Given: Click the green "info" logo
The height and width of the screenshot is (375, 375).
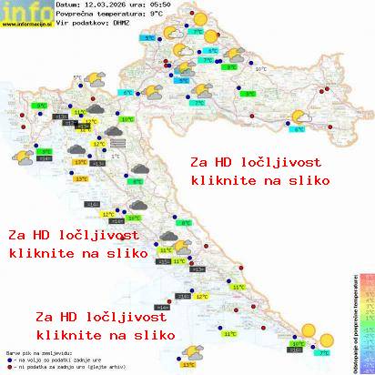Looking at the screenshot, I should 25,11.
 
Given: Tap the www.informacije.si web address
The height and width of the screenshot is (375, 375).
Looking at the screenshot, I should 27,25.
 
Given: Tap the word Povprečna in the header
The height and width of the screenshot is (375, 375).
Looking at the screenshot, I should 76,15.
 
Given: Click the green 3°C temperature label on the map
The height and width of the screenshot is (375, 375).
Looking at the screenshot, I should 248,94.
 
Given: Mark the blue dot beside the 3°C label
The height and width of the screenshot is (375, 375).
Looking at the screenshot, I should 238,94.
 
